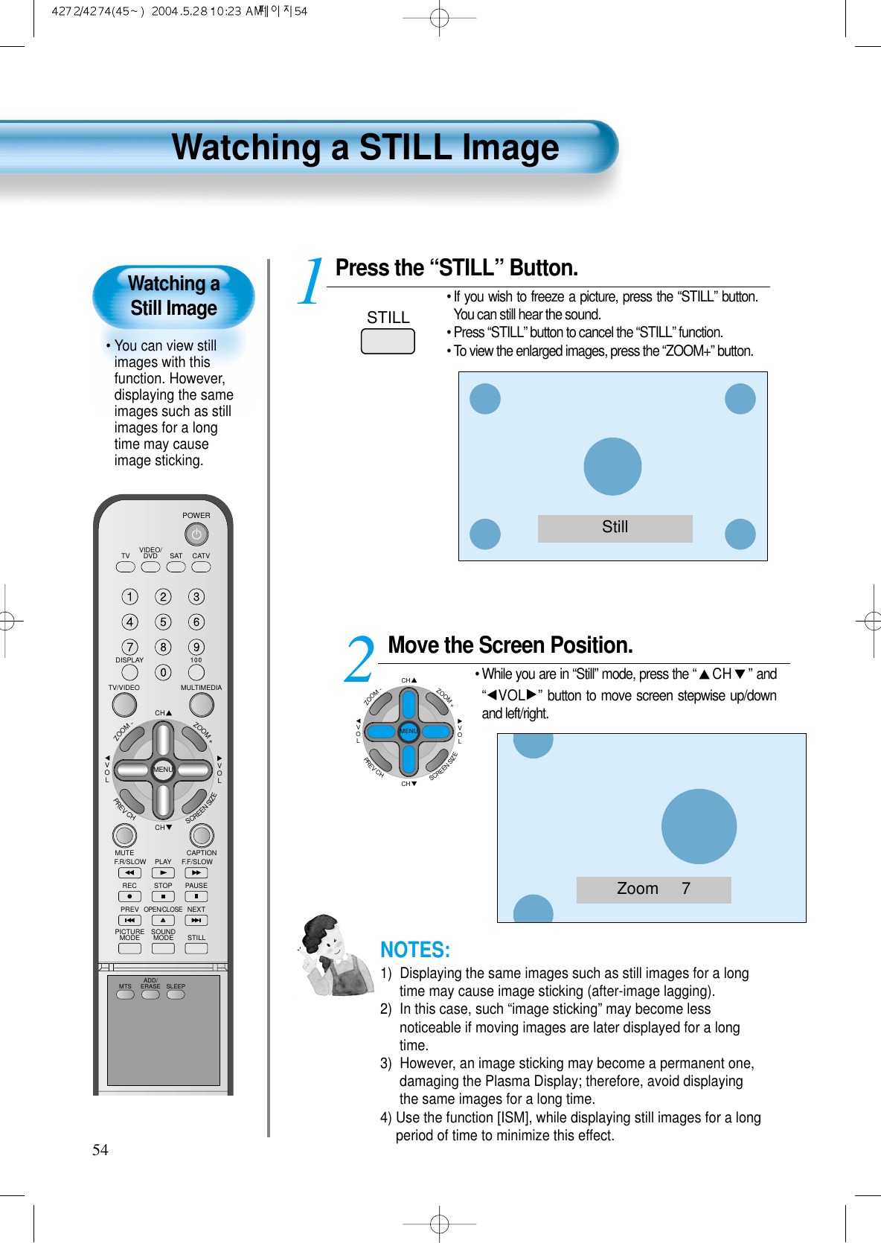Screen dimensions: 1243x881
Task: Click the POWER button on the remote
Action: tap(196, 534)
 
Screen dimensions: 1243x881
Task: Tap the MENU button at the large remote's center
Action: tap(163, 770)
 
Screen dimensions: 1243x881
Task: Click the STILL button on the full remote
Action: tap(196, 949)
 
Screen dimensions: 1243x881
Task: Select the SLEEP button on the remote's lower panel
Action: tap(176, 995)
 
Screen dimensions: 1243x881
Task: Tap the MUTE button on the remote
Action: tap(124, 835)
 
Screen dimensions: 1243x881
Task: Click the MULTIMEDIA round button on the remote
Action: tap(201, 704)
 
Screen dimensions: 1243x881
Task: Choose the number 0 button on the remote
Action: tap(163, 673)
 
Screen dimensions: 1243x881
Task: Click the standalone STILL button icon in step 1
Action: tap(388, 342)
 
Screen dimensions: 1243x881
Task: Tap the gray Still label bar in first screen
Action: tap(615, 528)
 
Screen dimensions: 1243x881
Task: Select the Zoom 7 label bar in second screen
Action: tap(653, 889)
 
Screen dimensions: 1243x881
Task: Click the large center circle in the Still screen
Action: tap(612, 467)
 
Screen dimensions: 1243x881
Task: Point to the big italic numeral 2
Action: tap(360, 659)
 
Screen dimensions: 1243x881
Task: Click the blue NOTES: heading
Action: tap(414, 950)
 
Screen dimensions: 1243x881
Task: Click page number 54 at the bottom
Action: tap(100, 1150)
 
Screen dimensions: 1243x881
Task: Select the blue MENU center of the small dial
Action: tap(409, 731)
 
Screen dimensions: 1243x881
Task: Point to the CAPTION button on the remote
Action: tap(202, 835)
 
